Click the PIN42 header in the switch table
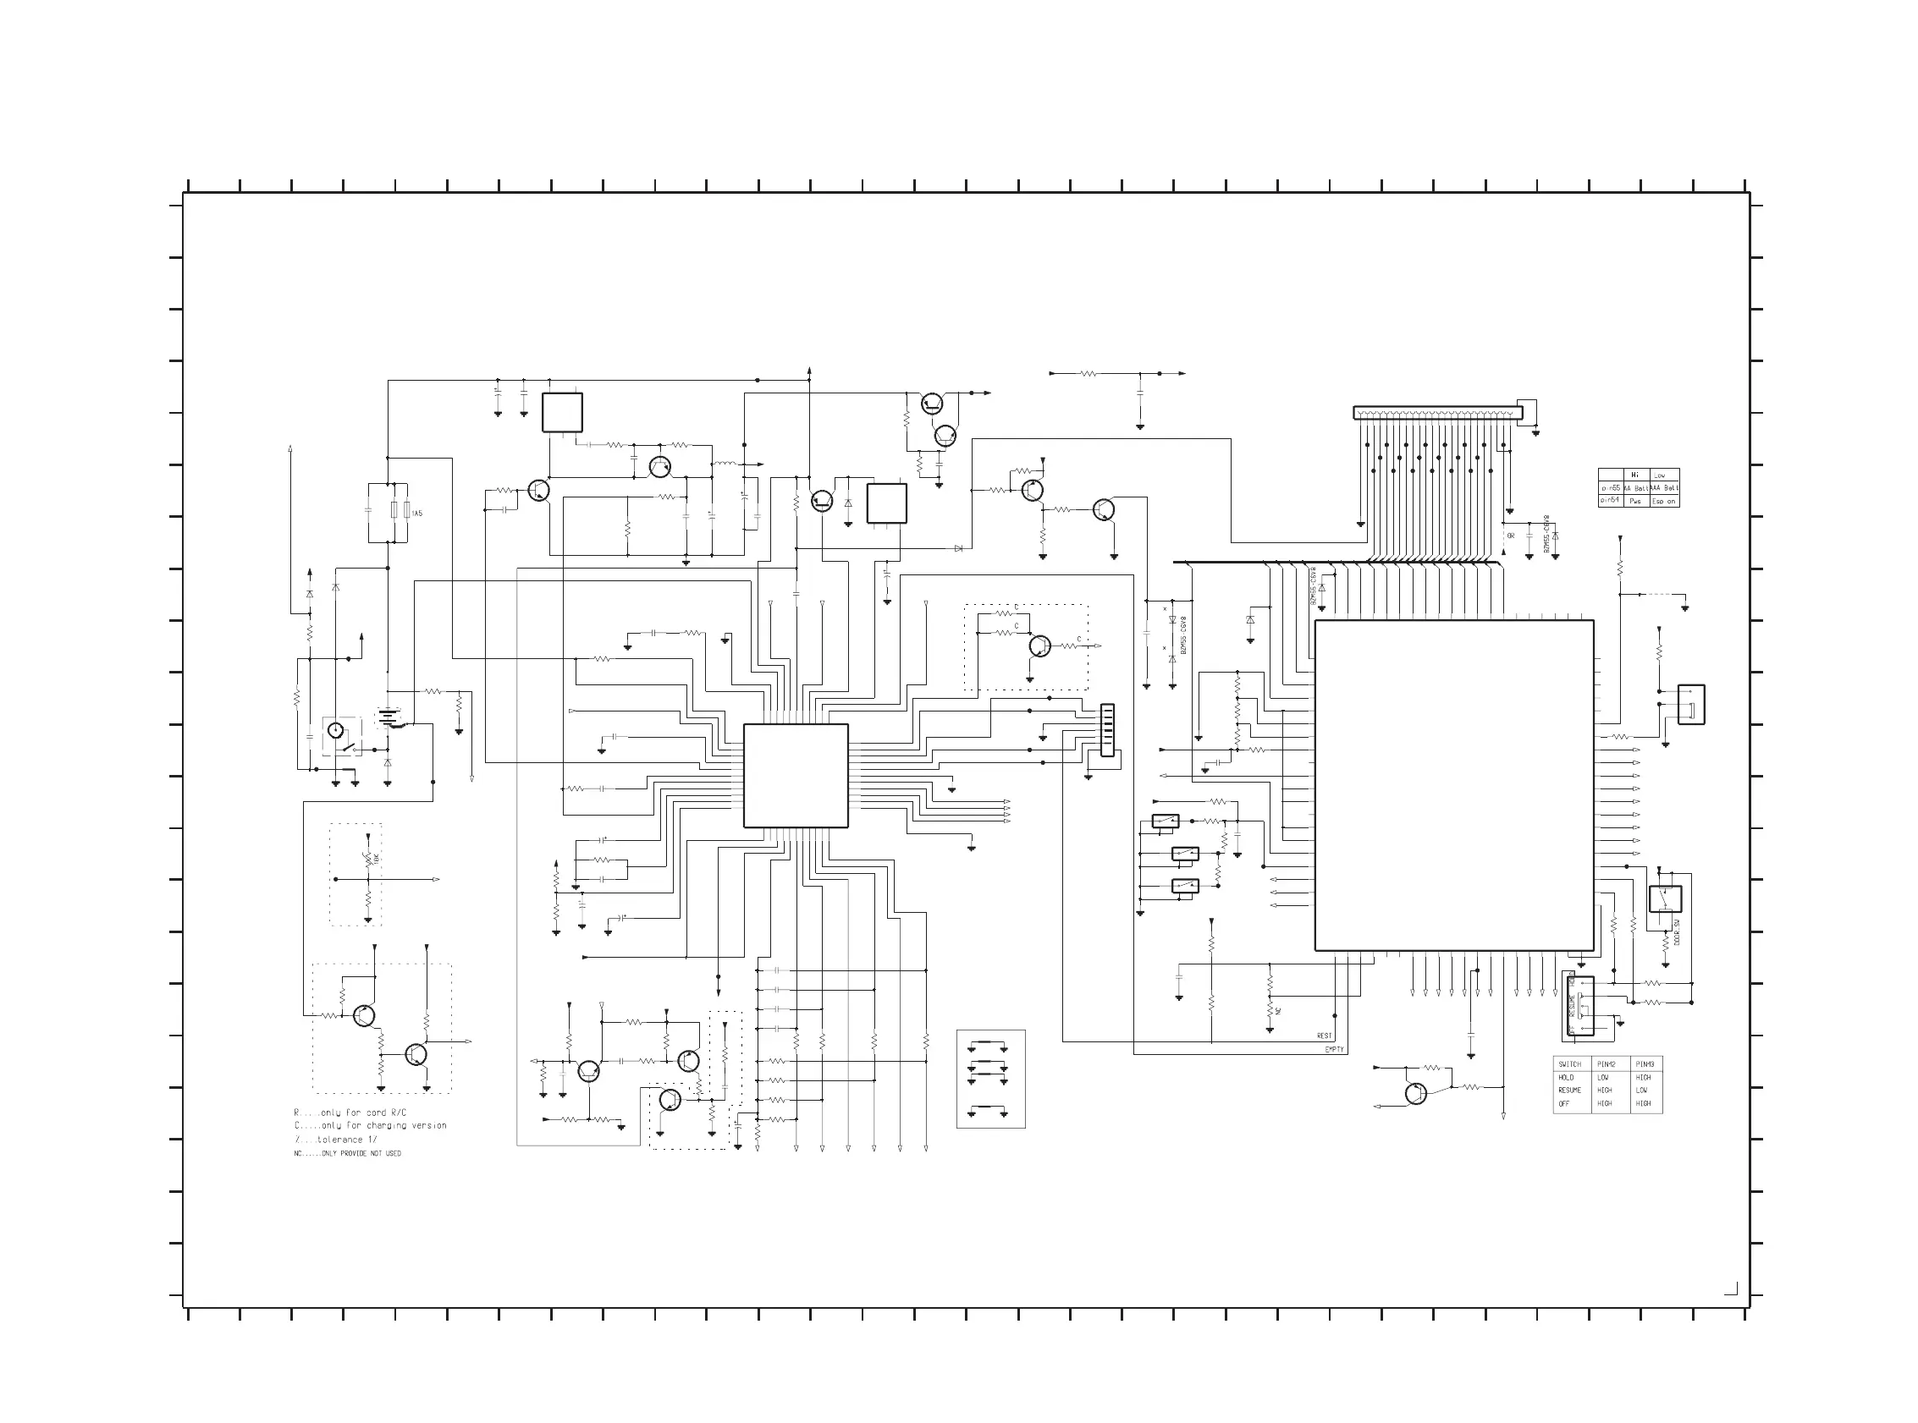pyautogui.click(x=1606, y=1064)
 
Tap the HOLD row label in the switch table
pyautogui.click(x=1567, y=1078)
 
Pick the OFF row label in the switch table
pyautogui.click(x=1564, y=1103)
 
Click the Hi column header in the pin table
pyautogui.click(x=1634, y=475)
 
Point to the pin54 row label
pyautogui.click(x=1610, y=500)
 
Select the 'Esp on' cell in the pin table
pyautogui.click(x=1664, y=502)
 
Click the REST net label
pyautogui.click(x=1325, y=1036)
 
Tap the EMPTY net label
pyautogui.click(x=1334, y=1049)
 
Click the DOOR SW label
pyautogui.click(x=1678, y=931)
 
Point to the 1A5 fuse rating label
pyautogui.click(x=417, y=514)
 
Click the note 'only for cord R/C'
pyautogui.click(x=363, y=1113)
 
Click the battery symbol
pyautogui.click(x=389, y=716)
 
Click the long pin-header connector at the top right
pyautogui.click(x=1437, y=414)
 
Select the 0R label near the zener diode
pyautogui.click(x=1511, y=536)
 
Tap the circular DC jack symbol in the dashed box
pyautogui.click(x=336, y=731)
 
